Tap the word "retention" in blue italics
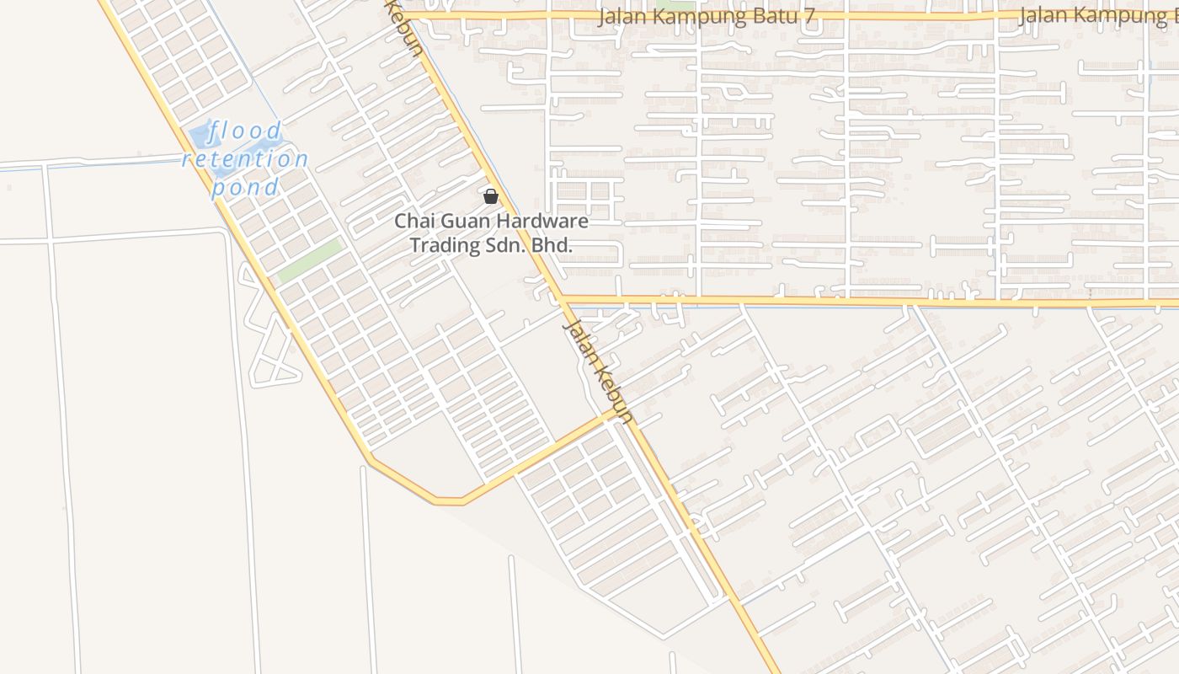click(245, 159)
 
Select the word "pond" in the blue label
click(245, 187)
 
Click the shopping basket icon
click(491, 197)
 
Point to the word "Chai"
click(413, 222)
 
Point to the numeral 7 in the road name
click(809, 17)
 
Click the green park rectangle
click(310, 260)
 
